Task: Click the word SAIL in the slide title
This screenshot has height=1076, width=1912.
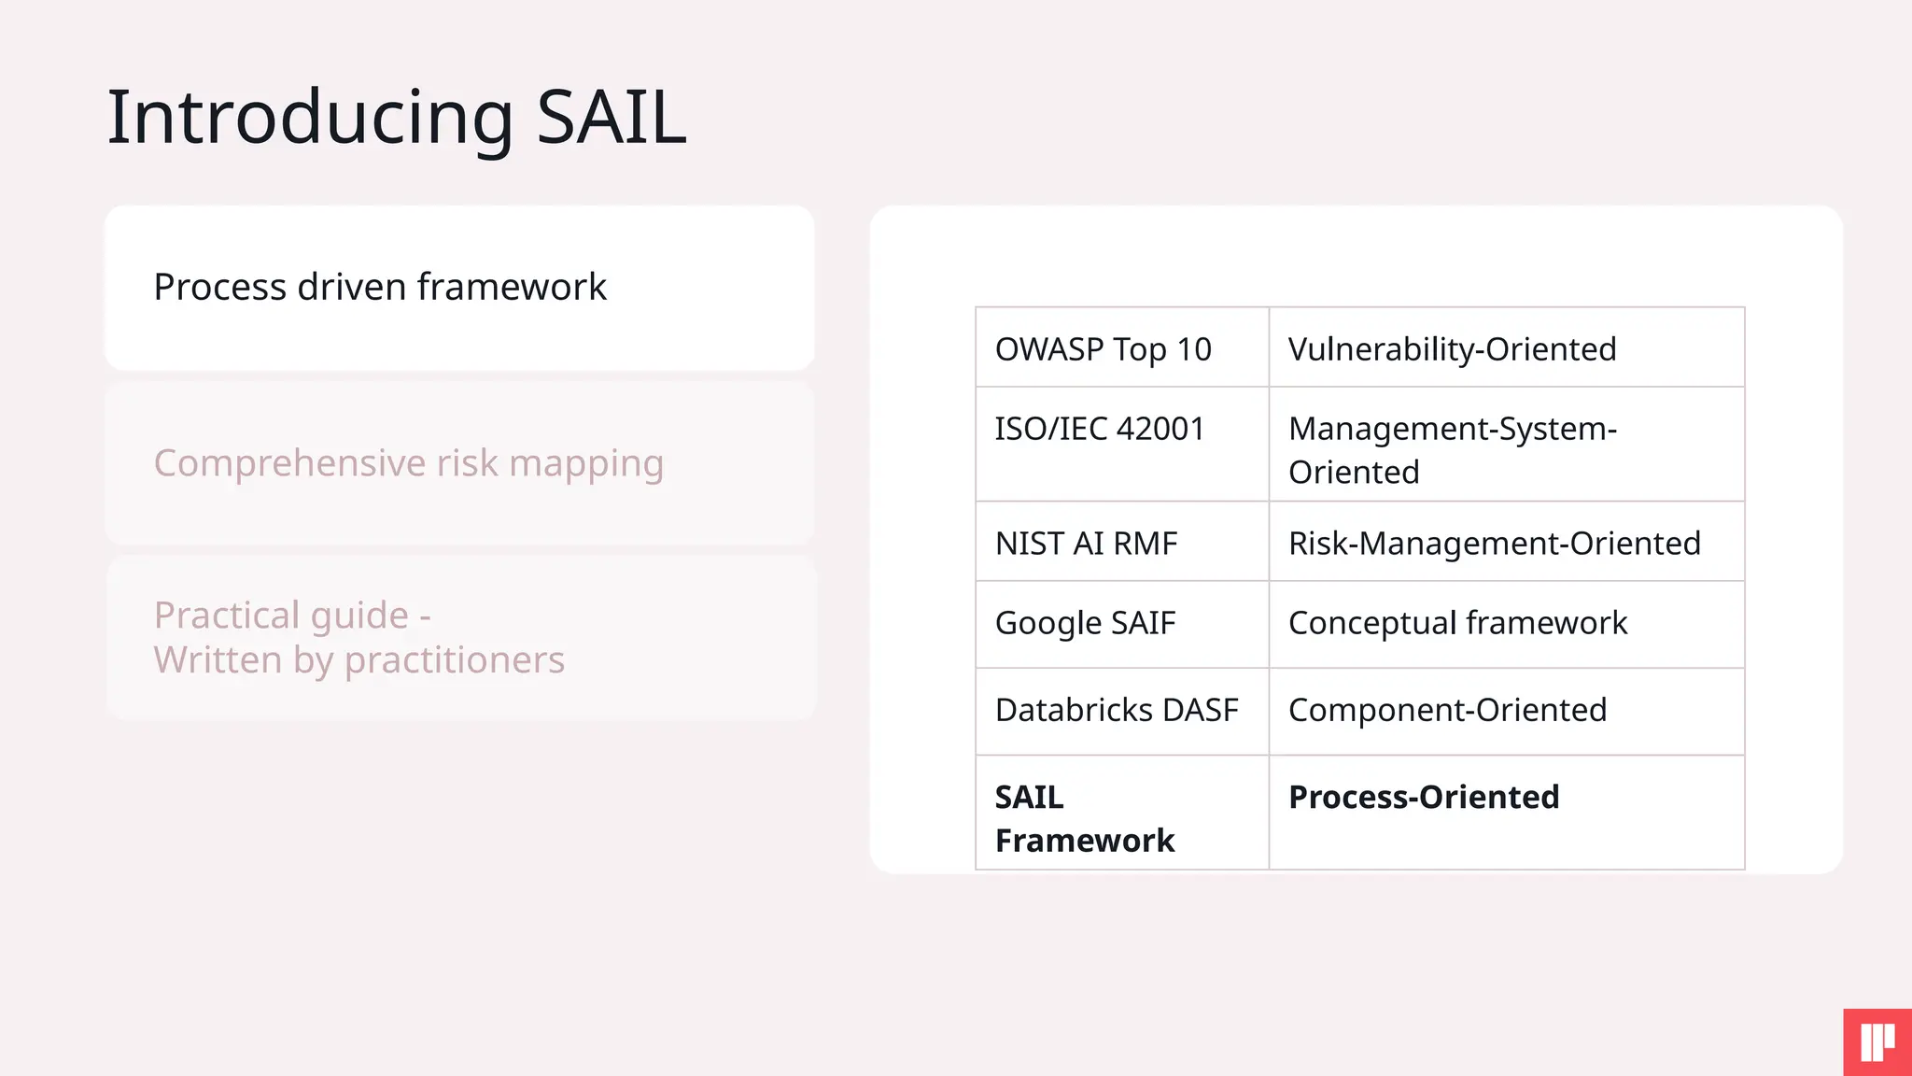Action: point(612,118)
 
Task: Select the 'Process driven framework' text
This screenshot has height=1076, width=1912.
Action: point(380,287)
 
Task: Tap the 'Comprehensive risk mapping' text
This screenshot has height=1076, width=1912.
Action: point(408,463)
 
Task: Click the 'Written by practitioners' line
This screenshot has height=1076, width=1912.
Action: point(359,660)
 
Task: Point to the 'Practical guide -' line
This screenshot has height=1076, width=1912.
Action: point(292,616)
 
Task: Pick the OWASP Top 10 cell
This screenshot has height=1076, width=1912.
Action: point(1103,349)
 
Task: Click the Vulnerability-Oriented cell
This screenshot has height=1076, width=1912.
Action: point(1452,349)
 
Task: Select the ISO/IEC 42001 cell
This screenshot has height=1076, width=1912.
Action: point(1099,429)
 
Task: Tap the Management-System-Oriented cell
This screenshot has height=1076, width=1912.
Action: point(1452,449)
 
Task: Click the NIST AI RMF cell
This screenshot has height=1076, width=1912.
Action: point(1086,544)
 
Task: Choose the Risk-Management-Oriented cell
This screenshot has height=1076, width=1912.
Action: point(1494,544)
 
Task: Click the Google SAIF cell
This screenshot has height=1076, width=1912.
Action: point(1085,623)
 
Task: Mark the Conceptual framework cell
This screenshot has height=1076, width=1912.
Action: point(1457,623)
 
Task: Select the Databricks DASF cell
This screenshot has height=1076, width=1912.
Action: point(1117,710)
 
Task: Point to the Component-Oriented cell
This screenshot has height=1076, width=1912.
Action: point(1447,710)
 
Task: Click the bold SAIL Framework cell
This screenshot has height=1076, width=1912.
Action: point(1083,818)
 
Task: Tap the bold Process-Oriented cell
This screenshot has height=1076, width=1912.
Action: point(1424,798)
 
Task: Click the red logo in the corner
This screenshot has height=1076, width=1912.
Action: point(1877,1042)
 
